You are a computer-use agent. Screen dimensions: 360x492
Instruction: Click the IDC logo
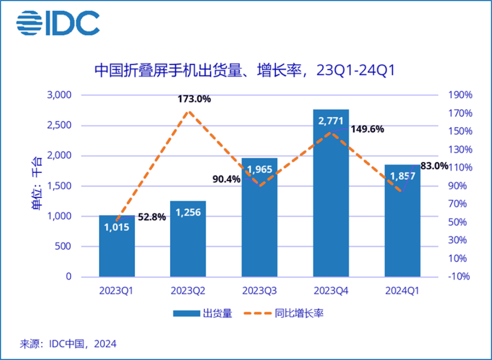click(x=57, y=22)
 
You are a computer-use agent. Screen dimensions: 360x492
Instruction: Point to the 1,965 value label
click(x=259, y=169)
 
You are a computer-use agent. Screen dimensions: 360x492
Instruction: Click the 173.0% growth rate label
click(x=194, y=99)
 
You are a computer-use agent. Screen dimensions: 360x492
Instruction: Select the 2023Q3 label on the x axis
click(x=259, y=290)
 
